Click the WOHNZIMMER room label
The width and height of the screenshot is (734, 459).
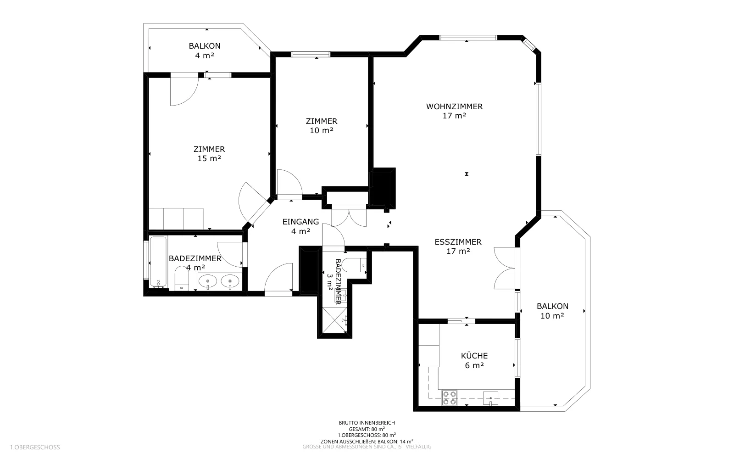pyautogui.click(x=454, y=106)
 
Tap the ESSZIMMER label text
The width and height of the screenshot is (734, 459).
pyautogui.click(x=458, y=242)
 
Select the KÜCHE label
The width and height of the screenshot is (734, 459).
pyautogui.click(x=474, y=356)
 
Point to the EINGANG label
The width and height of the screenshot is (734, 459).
pyautogui.click(x=300, y=222)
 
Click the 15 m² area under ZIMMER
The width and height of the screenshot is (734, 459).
pyautogui.click(x=209, y=158)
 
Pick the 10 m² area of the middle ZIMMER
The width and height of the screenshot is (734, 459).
pyautogui.click(x=322, y=130)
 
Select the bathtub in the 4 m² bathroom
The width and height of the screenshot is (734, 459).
pyautogui.click(x=158, y=262)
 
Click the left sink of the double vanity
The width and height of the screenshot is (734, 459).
pyautogui.click(x=208, y=281)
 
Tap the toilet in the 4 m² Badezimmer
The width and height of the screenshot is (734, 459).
pyautogui.click(x=182, y=278)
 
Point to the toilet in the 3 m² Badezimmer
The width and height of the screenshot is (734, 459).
pyautogui.click(x=354, y=265)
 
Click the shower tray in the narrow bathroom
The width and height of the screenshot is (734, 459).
pyautogui.click(x=334, y=320)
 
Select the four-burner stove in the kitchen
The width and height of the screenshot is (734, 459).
pyautogui.click(x=449, y=397)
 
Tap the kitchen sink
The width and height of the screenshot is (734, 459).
pyautogui.click(x=490, y=398)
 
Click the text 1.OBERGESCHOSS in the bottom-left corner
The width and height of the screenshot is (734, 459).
pyautogui.click(x=35, y=447)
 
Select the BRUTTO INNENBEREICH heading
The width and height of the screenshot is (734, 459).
pyautogui.click(x=367, y=423)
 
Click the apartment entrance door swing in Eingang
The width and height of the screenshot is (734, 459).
pyautogui.click(x=278, y=277)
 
